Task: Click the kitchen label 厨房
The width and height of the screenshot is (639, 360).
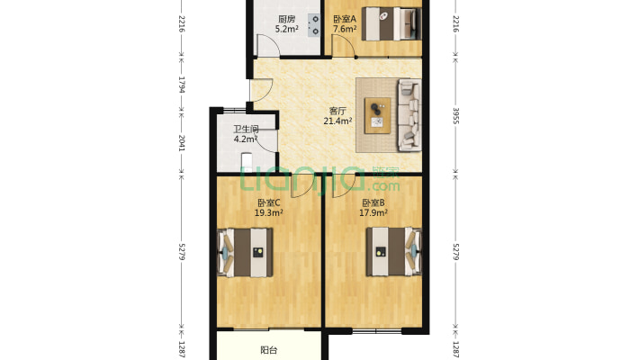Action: coord(286,19)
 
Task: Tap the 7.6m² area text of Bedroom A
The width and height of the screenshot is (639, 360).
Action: coord(345,29)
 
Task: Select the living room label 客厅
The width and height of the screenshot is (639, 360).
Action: coord(337,111)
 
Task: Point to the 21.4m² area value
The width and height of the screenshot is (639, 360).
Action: coord(337,121)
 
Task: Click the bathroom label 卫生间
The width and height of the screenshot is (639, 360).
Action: coord(246,130)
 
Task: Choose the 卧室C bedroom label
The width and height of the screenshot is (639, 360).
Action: coord(268,202)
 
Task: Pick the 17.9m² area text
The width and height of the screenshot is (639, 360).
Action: coord(373,212)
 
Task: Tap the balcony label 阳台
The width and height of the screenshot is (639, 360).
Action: coord(268,350)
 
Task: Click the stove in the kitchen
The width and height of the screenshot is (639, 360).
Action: coord(314,25)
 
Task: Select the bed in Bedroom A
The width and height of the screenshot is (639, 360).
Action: coord(391,23)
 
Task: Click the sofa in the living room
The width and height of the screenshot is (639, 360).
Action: coord(409,115)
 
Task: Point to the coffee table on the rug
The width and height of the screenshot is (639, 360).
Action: coord(377,115)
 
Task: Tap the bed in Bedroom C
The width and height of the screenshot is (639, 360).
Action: coord(245,252)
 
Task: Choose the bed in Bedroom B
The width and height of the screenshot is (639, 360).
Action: coord(393,252)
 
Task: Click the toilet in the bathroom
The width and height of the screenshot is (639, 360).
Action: coord(247,162)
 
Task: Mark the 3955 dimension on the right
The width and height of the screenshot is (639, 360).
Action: coord(456,116)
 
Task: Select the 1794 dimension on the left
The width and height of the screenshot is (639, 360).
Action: coord(182,85)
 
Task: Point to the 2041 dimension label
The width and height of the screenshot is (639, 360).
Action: coord(182,143)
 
